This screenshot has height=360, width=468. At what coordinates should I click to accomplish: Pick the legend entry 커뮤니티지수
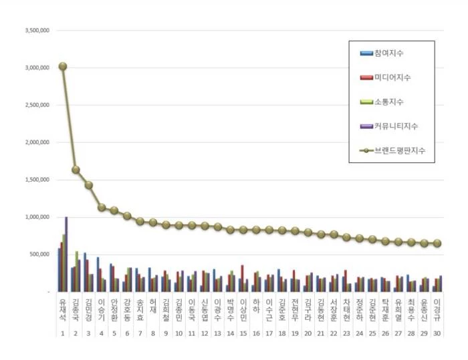(x=395, y=126)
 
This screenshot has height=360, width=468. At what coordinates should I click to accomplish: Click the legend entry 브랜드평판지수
(x=398, y=151)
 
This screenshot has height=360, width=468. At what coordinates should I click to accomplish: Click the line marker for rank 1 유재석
(x=62, y=66)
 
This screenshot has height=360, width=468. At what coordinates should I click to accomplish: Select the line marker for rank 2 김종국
(x=76, y=170)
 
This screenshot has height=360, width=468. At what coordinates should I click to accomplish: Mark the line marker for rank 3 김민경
(x=88, y=185)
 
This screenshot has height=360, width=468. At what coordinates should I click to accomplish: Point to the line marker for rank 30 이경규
(x=437, y=244)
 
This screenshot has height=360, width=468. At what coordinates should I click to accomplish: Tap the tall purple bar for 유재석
(x=66, y=254)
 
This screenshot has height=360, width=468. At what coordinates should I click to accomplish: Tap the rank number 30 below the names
(x=437, y=333)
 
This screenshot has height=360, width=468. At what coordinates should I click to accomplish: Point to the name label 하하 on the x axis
(x=256, y=307)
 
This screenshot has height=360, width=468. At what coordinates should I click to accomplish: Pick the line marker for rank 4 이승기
(x=102, y=208)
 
